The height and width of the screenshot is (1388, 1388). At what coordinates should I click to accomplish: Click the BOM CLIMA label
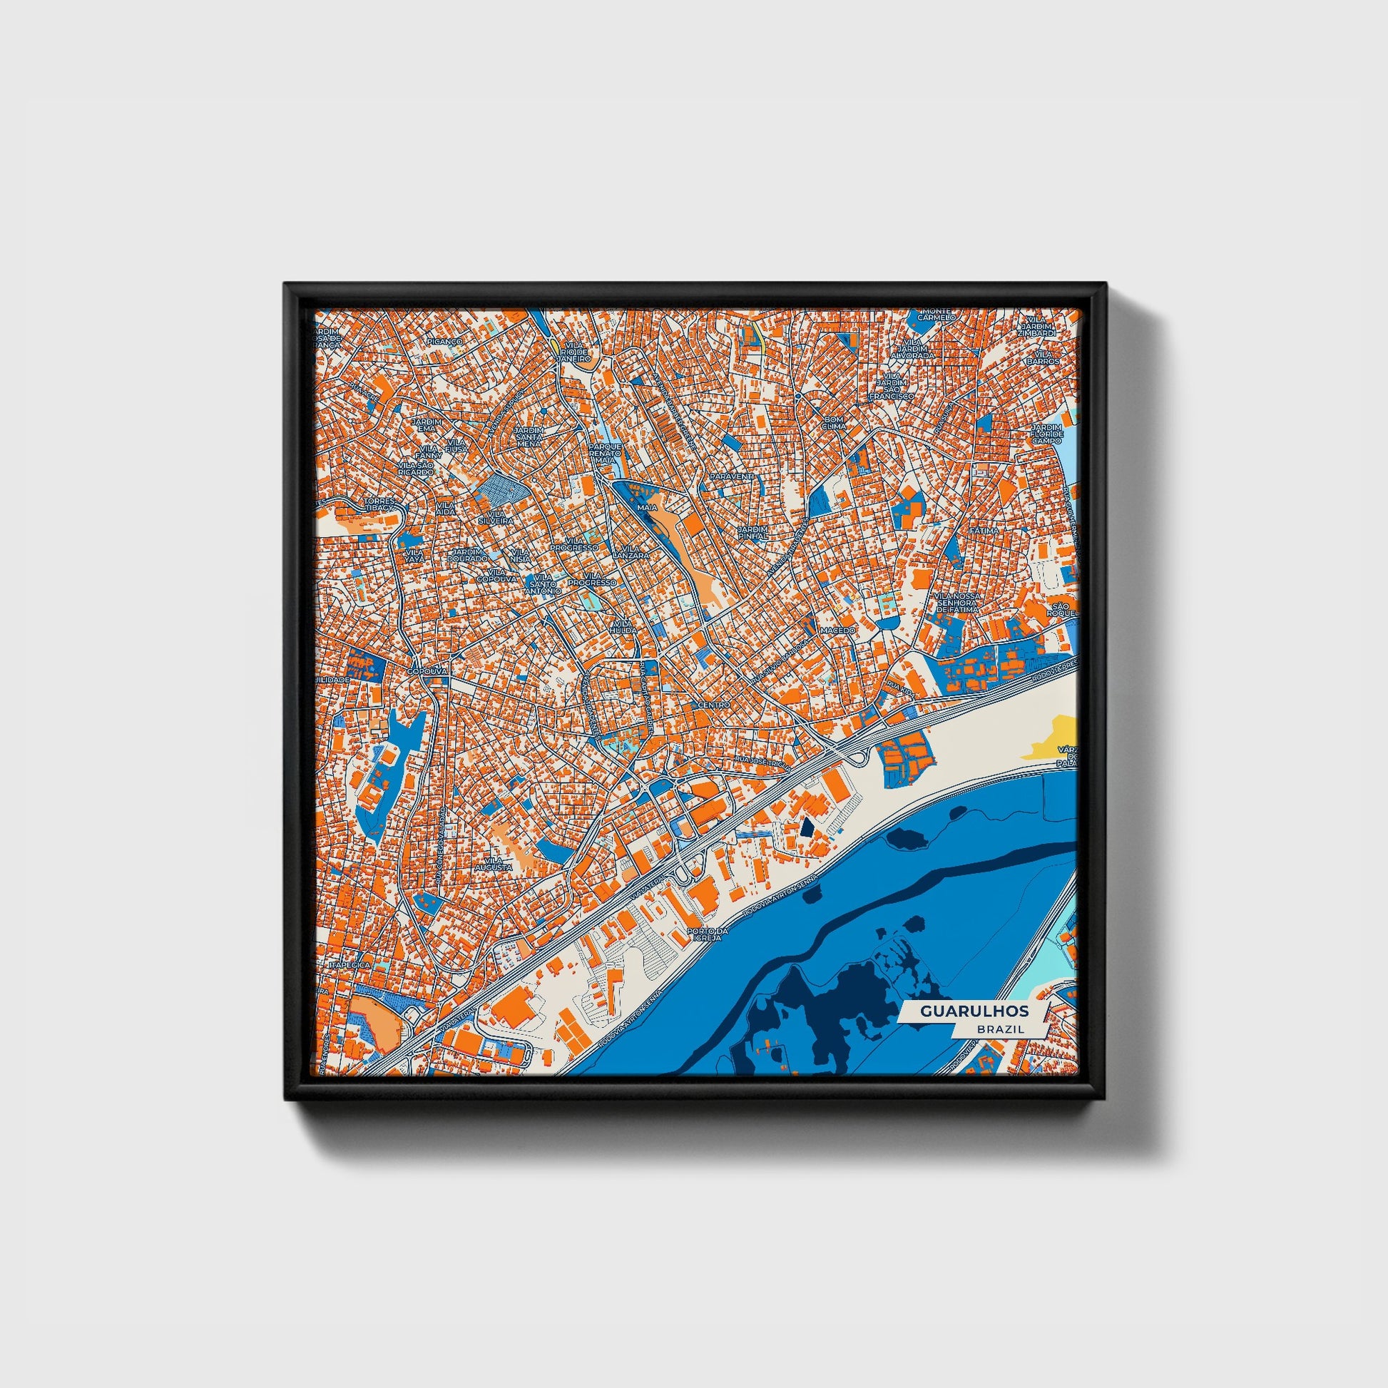(835, 422)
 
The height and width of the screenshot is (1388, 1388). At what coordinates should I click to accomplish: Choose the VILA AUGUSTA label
(498, 864)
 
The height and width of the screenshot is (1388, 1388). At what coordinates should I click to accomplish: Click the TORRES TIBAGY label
(379, 504)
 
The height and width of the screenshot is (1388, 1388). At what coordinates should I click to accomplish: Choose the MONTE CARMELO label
(934, 314)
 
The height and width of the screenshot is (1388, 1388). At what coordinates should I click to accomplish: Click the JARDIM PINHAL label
(753, 532)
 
